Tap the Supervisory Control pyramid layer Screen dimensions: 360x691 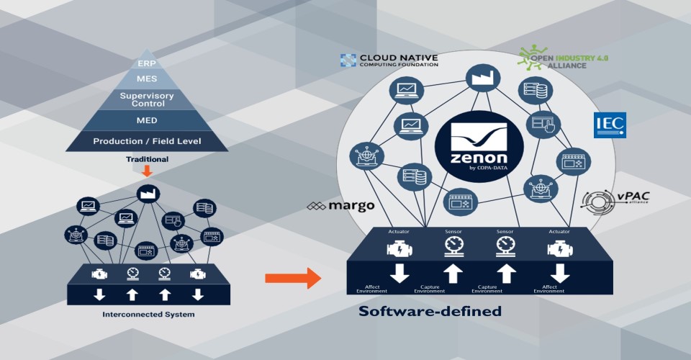click(x=147, y=99)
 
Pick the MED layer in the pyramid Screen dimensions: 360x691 click(x=147, y=120)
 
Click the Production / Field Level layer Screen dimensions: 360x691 click(x=147, y=141)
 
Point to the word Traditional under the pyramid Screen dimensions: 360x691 click(x=147, y=158)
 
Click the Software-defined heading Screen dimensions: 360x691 click(x=430, y=312)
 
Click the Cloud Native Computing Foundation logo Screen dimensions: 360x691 click(x=389, y=60)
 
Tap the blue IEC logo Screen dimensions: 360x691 click(x=609, y=125)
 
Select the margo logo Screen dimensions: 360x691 click(x=340, y=206)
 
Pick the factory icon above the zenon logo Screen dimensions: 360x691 click(x=478, y=78)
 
